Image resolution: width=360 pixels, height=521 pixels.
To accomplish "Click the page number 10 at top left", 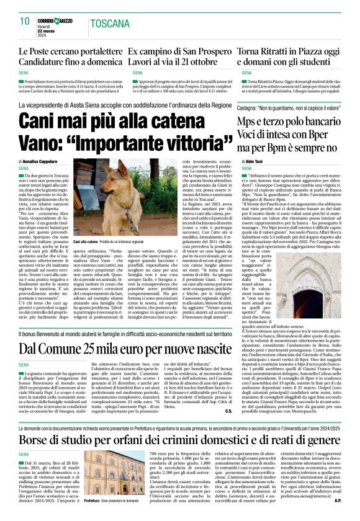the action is pos(24,22).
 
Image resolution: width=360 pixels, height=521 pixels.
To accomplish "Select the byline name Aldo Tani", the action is pos(256,161).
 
